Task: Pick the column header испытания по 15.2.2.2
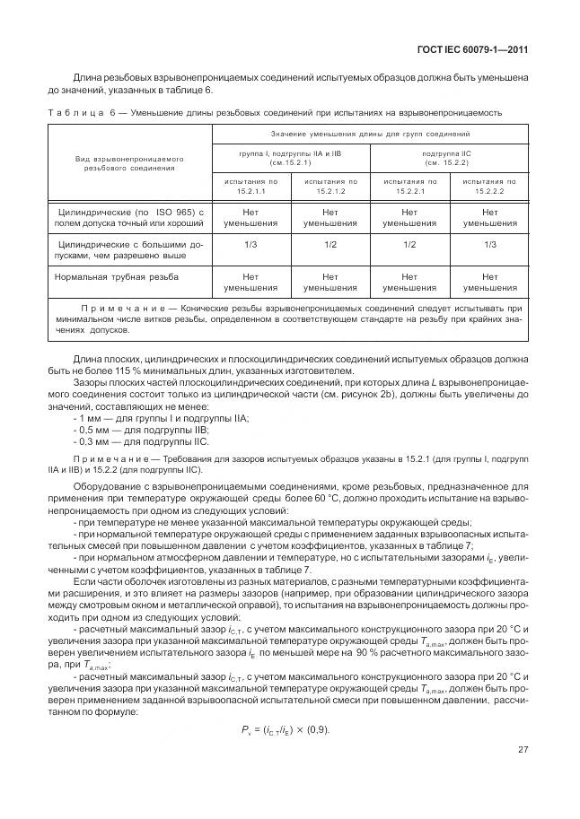point(489,187)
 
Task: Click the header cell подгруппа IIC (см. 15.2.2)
point(450,158)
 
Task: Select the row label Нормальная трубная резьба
point(116,277)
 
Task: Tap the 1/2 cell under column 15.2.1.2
point(330,244)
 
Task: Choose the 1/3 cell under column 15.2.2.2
point(489,244)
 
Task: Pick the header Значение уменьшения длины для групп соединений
point(369,134)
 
